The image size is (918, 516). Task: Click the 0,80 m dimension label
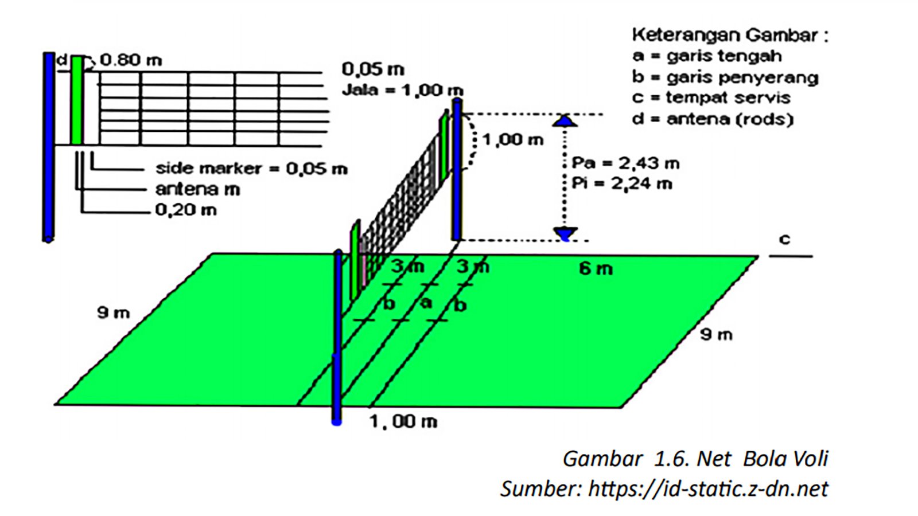[131, 60]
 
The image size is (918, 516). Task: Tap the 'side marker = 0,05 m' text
[251, 169]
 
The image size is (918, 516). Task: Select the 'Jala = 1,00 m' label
[402, 90]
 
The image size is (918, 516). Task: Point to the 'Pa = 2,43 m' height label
[625, 163]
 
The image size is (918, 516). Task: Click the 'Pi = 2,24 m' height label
[622, 184]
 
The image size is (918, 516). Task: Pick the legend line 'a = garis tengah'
[707, 56]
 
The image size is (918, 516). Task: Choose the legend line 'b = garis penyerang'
[725, 77]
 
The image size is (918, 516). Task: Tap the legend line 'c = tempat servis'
[711, 98]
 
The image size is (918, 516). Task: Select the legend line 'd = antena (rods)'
[713, 119]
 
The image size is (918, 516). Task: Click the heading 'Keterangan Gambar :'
[730, 35]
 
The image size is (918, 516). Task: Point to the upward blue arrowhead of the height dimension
[565, 120]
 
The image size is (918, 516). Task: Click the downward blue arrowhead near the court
[565, 233]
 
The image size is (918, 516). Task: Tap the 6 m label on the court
[596, 268]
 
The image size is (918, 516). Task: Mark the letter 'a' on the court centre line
[426, 302]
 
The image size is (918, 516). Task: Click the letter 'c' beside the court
[784, 239]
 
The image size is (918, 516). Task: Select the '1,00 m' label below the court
[403, 422]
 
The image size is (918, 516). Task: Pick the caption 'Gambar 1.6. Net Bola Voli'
[695, 459]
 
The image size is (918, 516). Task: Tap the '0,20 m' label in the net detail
[186, 210]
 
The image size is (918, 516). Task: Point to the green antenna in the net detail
[76, 100]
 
